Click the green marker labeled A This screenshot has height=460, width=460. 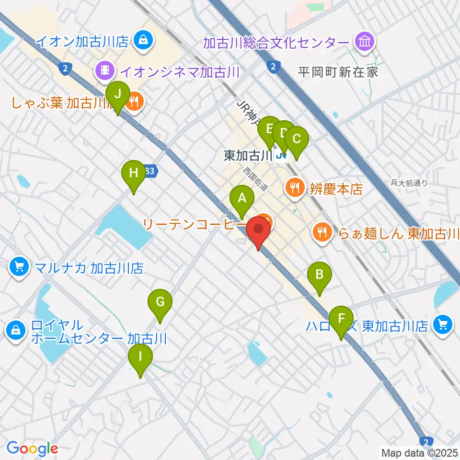click(241, 198)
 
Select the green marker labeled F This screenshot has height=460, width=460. click(341, 318)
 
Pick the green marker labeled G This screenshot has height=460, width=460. click(160, 302)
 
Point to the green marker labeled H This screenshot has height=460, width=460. click(133, 172)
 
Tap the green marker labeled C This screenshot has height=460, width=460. click(296, 139)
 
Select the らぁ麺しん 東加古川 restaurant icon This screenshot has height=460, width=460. click(322, 233)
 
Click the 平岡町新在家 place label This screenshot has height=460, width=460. click(338, 72)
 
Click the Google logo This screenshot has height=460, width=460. click(32, 449)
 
